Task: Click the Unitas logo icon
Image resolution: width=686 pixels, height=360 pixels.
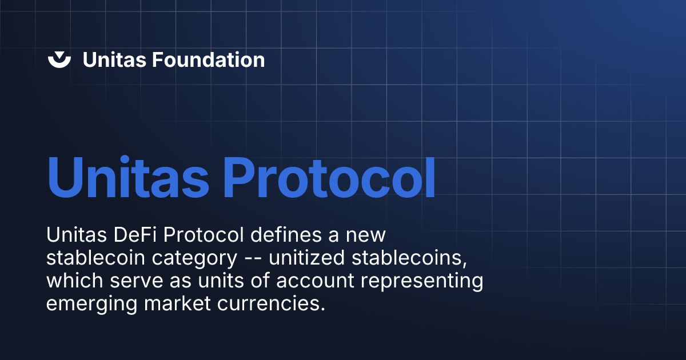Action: (59, 59)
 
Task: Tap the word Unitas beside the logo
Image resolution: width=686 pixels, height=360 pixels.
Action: (114, 59)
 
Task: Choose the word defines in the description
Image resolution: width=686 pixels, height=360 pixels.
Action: (283, 235)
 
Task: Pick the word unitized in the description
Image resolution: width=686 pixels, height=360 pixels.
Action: (307, 258)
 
